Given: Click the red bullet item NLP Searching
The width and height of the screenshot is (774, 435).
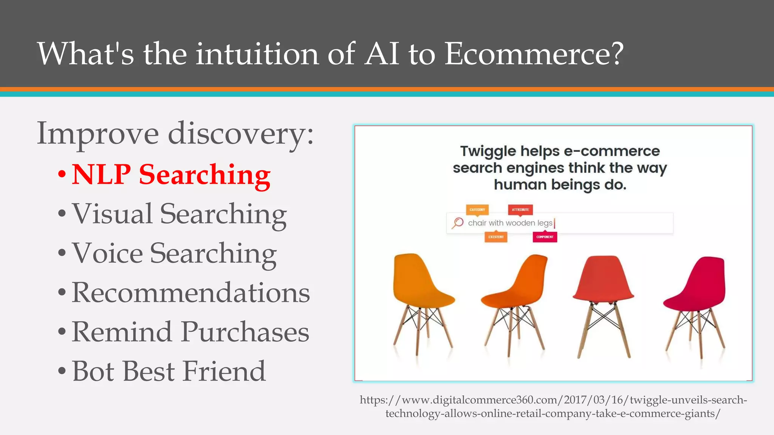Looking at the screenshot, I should pyautogui.click(x=171, y=175).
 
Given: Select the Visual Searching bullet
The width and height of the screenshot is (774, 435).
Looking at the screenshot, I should pyautogui.click(x=179, y=214).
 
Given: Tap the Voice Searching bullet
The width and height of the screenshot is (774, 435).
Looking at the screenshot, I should pyautogui.click(x=174, y=253).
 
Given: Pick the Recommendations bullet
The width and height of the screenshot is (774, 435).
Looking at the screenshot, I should pyautogui.click(x=190, y=293).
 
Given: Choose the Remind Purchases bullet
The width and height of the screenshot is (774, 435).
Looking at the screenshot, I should pyautogui.click(x=190, y=332).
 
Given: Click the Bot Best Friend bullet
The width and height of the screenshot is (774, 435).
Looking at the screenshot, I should pyautogui.click(x=169, y=371).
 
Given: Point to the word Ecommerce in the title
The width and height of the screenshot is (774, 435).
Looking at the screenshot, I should pyautogui.click(x=533, y=54).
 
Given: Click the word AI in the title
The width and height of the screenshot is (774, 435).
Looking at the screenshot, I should pyautogui.click(x=382, y=54).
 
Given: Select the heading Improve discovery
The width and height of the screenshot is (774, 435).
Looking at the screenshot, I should pyautogui.click(x=175, y=134).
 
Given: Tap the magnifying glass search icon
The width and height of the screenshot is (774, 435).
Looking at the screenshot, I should pyautogui.click(x=458, y=223).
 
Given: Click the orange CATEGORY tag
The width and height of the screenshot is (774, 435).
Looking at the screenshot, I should pyautogui.click(x=477, y=210).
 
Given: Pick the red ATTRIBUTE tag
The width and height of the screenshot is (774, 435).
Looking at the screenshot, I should pyautogui.click(x=520, y=210).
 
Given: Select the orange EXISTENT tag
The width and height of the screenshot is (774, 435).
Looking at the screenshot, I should pyautogui.click(x=496, y=237).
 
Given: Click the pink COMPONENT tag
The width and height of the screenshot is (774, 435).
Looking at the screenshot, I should pyautogui.click(x=545, y=237).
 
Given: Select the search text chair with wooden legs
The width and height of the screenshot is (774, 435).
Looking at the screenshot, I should pyautogui.click(x=510, y=223).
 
